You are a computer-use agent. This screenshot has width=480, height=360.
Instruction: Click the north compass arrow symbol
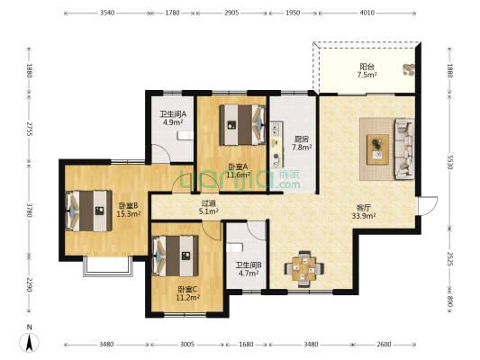30,342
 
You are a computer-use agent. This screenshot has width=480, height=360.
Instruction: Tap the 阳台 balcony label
367,67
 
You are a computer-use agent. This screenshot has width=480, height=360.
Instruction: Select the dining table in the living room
304,269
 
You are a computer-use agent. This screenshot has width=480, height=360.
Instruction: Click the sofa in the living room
404,149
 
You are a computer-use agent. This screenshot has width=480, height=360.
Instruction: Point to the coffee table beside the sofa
378,149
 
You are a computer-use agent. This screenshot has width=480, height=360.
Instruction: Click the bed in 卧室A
242,125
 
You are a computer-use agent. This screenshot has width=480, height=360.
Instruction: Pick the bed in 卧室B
89,211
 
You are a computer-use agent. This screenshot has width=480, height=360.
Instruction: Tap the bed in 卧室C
175,256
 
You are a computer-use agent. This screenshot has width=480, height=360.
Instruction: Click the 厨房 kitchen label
302,139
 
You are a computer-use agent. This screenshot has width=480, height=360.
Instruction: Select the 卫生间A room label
173,114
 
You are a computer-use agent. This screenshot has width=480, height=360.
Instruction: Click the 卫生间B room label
249,265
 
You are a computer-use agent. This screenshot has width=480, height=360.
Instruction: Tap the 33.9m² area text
364,216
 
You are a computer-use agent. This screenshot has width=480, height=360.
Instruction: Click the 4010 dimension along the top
367,13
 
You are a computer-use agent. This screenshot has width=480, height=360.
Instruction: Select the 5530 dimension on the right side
449,161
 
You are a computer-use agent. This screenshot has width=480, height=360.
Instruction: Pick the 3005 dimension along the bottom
187,345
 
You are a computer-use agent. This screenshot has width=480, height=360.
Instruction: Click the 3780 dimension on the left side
29,210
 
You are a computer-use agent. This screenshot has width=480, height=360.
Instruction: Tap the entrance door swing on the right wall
428,205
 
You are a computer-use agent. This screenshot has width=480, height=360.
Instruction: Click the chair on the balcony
409,69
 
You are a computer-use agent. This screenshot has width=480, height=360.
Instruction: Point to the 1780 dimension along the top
172,13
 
